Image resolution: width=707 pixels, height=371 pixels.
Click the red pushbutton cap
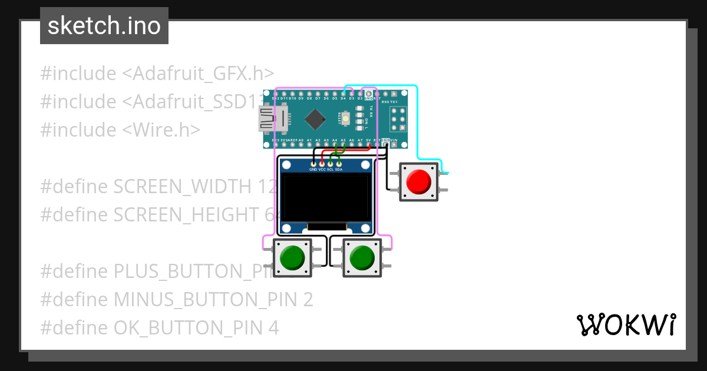(419, 182)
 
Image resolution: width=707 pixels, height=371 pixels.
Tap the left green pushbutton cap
(292, 257)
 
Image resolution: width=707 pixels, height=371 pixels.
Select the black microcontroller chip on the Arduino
(316, 120)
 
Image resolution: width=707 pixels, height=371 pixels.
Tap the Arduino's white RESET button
(346, 120)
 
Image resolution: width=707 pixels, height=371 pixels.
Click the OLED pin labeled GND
(313, 164)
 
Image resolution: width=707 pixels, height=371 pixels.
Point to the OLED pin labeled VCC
(322, 164)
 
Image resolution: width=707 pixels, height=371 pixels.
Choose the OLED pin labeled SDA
(339, 164)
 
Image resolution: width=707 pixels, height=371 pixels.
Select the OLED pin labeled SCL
(331, 164)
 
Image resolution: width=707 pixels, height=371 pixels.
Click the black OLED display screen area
(326, 197)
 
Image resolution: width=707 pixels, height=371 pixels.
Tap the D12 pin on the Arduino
(275, 94)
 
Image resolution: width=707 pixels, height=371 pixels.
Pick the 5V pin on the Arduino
(368, 143)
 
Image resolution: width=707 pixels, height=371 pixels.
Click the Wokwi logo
(626, 324)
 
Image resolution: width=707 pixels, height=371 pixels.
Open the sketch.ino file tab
(104, 26)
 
